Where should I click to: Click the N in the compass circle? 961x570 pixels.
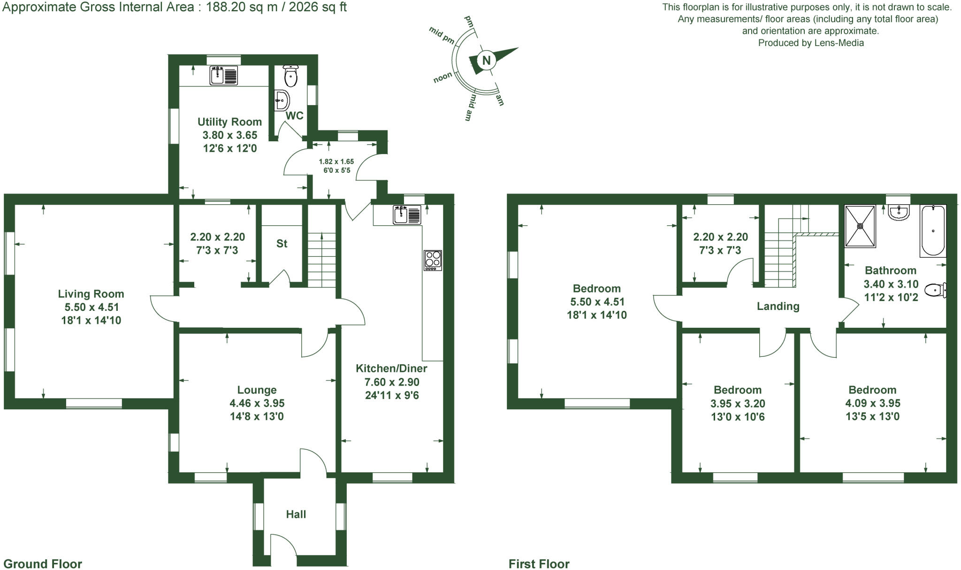tap(487, 60)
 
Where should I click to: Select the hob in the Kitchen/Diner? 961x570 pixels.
tap(433, 260)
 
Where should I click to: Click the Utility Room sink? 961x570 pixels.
tap(224, 76)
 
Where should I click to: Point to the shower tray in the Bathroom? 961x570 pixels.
tap(860, 226)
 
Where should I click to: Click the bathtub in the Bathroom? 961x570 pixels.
tap(933, 230)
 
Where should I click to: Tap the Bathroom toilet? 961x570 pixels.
tap(936, 290)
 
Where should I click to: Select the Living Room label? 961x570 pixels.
tap(91, 294)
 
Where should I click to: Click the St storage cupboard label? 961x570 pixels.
tap(282, 243)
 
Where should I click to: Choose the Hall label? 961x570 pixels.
tap(296, 514)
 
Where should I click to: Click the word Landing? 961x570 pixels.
tap(778, 306)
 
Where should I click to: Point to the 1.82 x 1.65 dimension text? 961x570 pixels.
tap(336, 162)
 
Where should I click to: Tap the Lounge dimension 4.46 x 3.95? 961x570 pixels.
tap(257, 403)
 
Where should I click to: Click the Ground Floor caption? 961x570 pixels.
tap(43, 563)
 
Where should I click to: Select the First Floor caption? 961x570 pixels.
tap(539, 563)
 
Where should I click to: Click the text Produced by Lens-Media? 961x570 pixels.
tap(810, 43)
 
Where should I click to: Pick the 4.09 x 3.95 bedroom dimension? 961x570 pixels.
tap(872, 403)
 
